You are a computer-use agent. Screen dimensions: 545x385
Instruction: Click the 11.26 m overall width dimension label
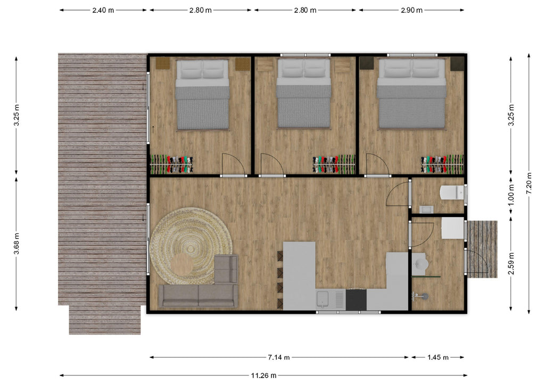pos(263,375)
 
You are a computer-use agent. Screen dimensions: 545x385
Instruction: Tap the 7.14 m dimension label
pos(279,357)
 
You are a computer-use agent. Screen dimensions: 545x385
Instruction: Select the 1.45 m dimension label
pos(438,357)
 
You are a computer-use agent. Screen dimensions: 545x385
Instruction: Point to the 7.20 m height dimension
pos(529,183)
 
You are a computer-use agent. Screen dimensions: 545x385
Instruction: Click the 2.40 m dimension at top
pos(103,10)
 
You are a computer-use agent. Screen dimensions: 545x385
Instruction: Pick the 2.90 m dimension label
pos(411,10)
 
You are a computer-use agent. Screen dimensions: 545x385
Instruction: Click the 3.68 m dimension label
pos(16,243)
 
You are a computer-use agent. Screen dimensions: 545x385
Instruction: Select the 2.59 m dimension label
pos(511,263)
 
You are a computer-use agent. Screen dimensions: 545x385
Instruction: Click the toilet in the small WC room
pos(452,192)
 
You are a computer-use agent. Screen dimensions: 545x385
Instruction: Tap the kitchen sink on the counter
pos(323,299)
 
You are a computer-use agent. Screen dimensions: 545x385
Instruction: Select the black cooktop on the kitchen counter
pos(356,299)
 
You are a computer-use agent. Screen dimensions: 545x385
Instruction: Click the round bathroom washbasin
pos(420,264)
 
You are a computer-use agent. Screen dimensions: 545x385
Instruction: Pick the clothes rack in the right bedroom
pos(442,164)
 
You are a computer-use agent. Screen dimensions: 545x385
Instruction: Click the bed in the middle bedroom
pos(304,94)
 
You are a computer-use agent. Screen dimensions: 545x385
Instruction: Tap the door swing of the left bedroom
pos(234,164)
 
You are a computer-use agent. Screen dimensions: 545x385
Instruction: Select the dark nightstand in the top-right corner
pos(457,64)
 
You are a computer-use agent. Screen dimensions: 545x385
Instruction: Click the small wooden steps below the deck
pos(105,320)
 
